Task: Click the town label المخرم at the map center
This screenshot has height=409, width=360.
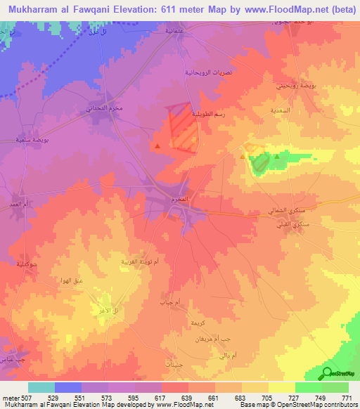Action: click(x=179, y=200)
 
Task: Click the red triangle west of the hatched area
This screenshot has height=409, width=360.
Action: click(x=158, y=146)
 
